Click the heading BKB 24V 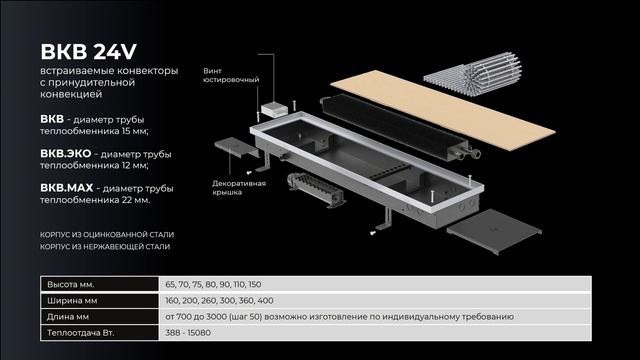tap(88, 52)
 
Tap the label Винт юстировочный tap(231, 76)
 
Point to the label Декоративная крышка tap(239, 188)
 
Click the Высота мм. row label tap(71, 284)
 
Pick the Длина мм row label tap(68, 317)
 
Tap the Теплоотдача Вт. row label tap(80, 333)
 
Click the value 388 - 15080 tap(188, 333)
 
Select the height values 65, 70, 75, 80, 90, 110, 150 tap(213, 284)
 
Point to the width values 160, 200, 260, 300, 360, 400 tap(219, 301)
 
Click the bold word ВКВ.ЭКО tap(66, 154)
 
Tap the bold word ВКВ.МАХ tap(67, 188)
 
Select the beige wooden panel tap(442, 110)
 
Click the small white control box tap(273, 109)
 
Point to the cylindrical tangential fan tap(316, 189)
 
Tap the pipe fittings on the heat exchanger tap(466, 153)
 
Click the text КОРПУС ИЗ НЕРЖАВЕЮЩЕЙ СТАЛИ tap(105, 247)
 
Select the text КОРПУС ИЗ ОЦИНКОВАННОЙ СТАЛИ tap(107, 235)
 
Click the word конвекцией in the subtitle tap(71, 94)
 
